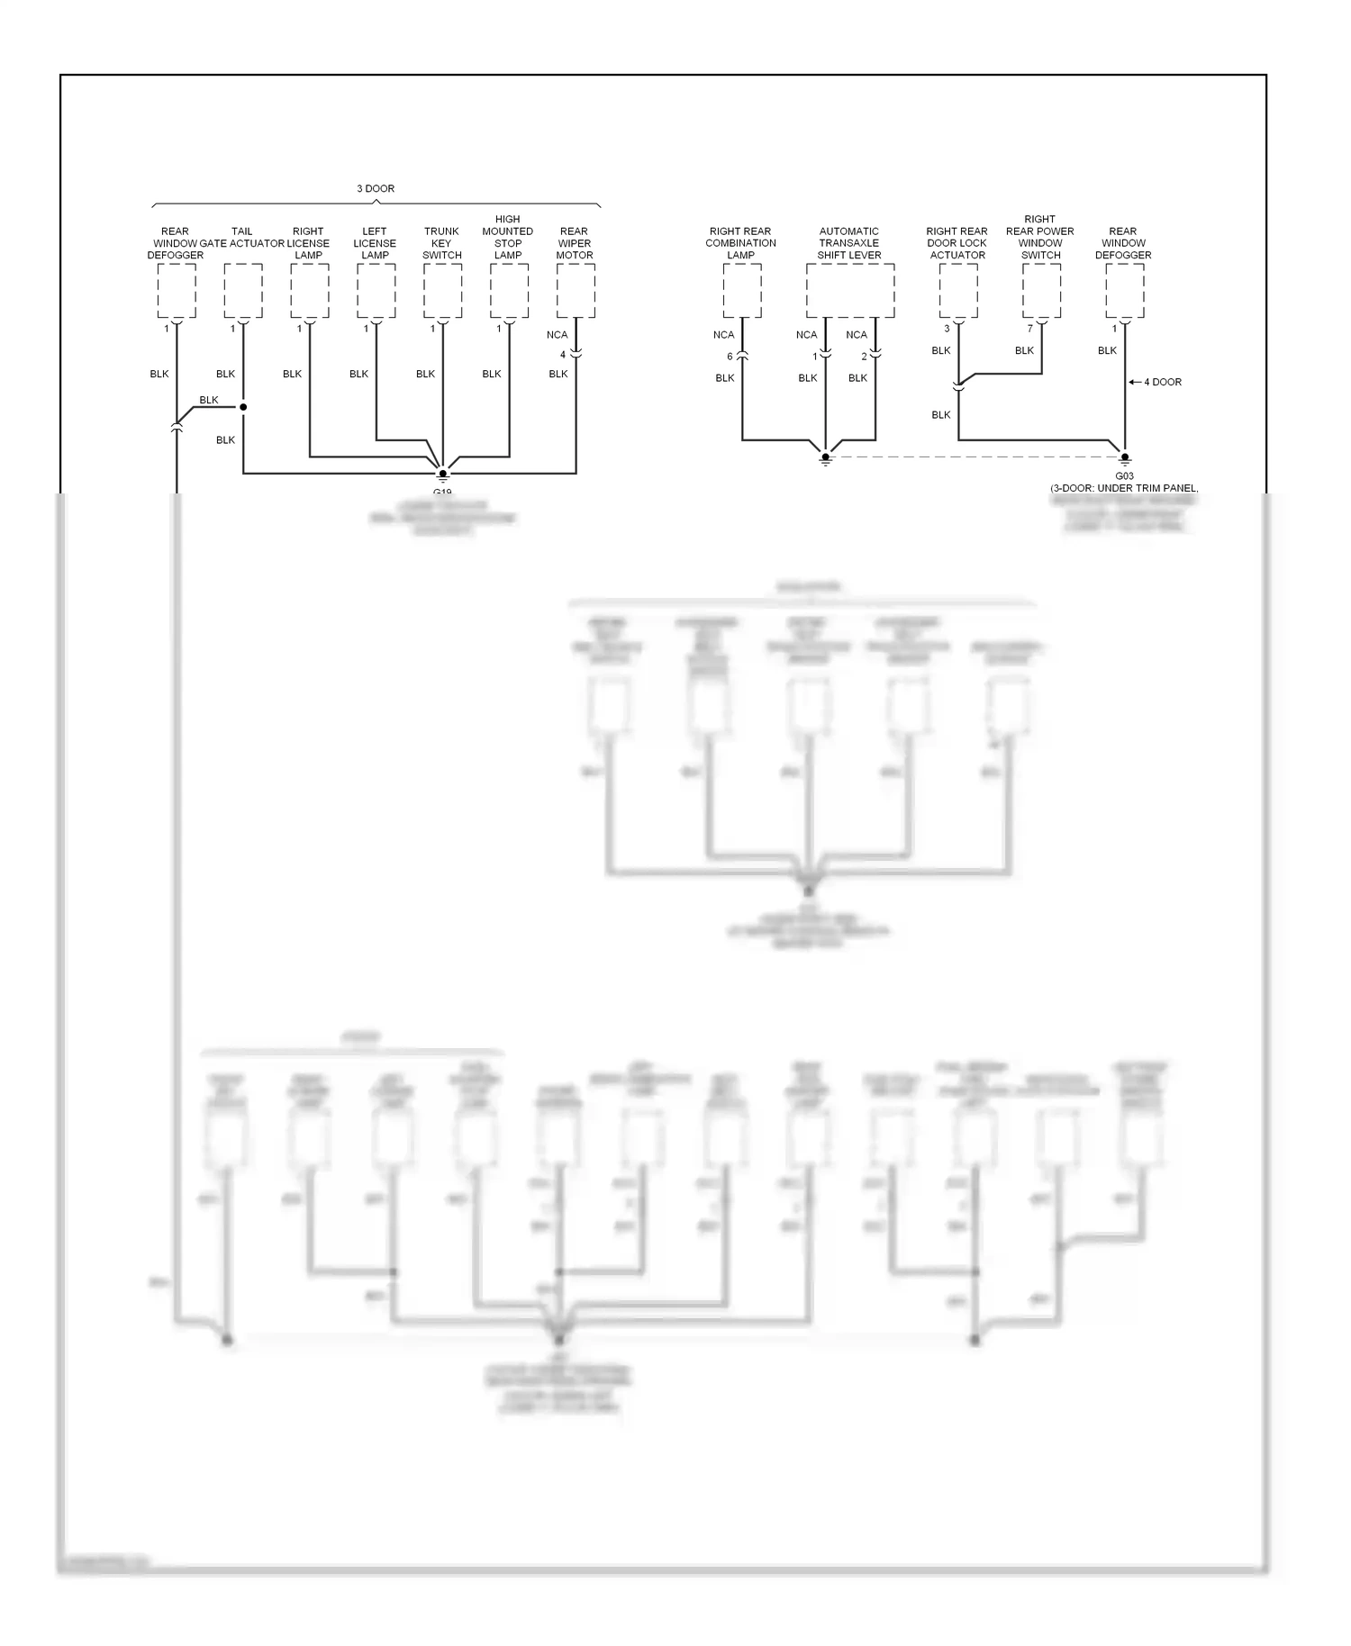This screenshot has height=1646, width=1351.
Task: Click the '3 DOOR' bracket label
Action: coord(376,188)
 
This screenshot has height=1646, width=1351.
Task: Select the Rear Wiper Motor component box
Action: coord(576,291)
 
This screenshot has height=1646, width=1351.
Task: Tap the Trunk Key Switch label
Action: coord(441,243)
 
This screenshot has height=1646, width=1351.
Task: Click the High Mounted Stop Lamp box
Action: coord(509,291)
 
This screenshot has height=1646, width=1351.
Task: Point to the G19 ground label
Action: coord(441,492)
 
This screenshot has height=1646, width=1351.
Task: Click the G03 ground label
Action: coord(1124,476)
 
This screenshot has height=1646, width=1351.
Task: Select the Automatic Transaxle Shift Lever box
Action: coord(849,291)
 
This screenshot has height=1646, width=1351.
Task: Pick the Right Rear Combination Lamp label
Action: coord(740,243)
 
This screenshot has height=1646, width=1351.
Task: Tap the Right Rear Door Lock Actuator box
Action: coord(957,291)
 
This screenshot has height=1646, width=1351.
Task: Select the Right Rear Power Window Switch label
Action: coord(1040,237)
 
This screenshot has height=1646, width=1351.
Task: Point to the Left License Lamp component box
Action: coord(376,291)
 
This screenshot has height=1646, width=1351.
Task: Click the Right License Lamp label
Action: coord(308,243)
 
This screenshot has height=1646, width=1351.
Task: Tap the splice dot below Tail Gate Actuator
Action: coord(243,407)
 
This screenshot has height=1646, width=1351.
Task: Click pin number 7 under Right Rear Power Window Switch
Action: coord(1030,329)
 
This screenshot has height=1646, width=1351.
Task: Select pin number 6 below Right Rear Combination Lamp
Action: coord(730,357)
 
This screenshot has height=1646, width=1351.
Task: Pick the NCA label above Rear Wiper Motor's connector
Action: coord(558,335)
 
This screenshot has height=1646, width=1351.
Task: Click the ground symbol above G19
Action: coord(442,474)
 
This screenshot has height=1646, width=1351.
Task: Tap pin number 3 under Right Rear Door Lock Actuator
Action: coord(947,329)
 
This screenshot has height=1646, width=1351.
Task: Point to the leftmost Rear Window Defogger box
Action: coord(177,291)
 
